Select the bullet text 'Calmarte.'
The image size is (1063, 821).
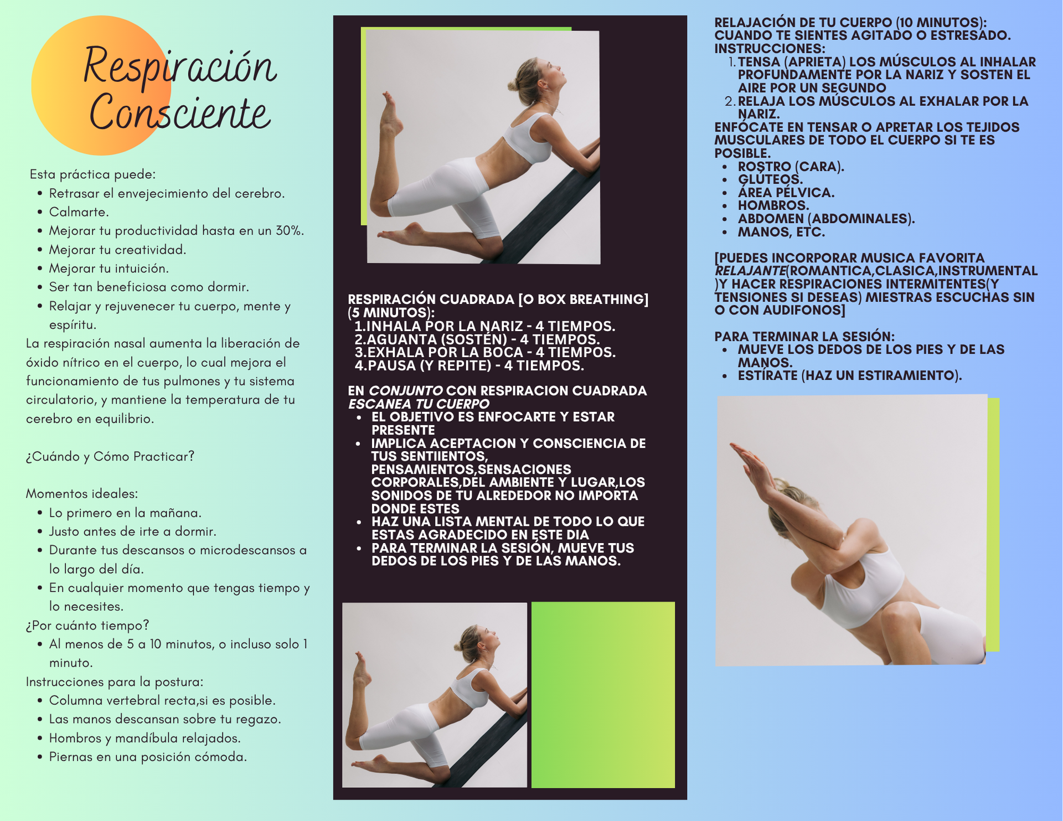(79, 212)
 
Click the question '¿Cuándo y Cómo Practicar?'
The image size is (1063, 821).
(110, 456)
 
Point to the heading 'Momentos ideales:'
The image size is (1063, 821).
(82, 493)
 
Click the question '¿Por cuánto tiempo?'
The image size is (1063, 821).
(87, 625)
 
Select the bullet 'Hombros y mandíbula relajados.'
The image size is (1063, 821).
(145, 738)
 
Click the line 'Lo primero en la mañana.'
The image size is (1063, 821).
(125, 513)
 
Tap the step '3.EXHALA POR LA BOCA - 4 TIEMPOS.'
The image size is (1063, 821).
(485, 352)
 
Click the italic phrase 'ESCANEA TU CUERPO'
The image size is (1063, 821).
(419, 404)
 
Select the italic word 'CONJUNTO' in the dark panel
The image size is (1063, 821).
(405, 391)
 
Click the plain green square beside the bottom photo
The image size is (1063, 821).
(603, 695)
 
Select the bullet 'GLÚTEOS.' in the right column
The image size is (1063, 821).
(770, 179)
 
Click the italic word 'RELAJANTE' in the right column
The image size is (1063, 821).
(750, 271)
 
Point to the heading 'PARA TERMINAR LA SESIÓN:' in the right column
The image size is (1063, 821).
(804, 336)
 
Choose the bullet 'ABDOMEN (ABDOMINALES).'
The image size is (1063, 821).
(826, 219)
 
